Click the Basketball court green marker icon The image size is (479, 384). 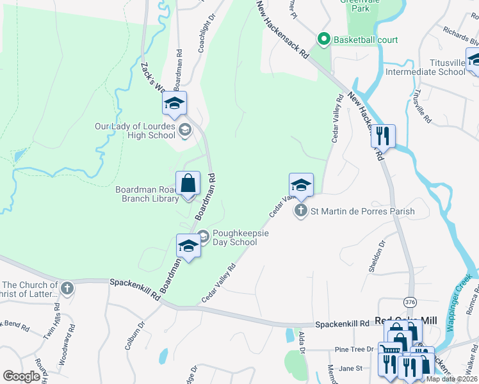coord(323,40)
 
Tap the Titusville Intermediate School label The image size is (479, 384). coord(425,67)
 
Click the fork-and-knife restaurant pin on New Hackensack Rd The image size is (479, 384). coord(383,136)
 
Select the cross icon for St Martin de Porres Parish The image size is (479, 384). coord(301,211)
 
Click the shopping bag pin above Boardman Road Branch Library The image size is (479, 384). coord(188,184)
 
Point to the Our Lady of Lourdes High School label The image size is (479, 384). coord(134,131)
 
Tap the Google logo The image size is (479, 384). coord(21,376)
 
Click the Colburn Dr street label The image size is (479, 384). coord(135,327)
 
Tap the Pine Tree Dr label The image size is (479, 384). coord(354,349)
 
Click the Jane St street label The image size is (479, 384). coord(350,368)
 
